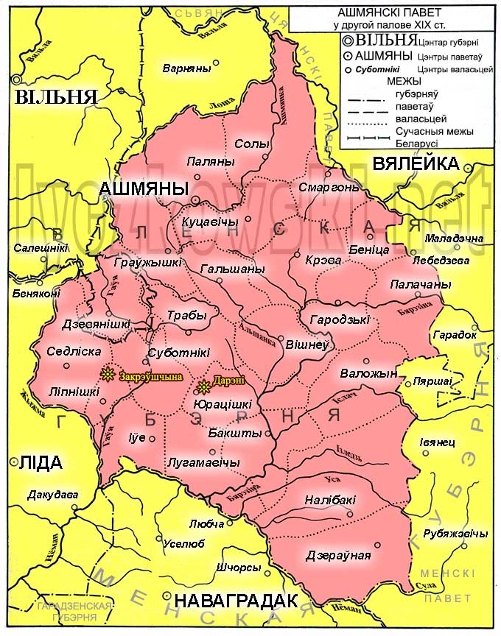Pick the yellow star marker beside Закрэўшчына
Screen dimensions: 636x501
(x=108, y=374)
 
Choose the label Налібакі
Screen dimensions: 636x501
(x=331, y=500)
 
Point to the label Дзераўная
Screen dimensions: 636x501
(x=338, y=555)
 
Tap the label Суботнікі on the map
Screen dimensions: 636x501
(x=178, y=353)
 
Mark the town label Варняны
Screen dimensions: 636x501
(x=187, y=69)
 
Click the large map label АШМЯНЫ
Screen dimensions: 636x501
(x=139, y=189)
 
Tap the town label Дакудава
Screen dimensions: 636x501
(x=52, y=495)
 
